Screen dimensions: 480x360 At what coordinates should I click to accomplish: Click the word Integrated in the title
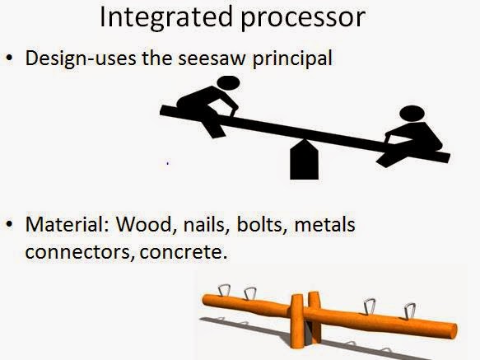pyautogui.click(x=166, y=16)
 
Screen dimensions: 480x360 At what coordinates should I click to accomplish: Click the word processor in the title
pyautogui.click(x=303, y=19)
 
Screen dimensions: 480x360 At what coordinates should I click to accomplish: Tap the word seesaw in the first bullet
pyautogui.click(x=212, y=58)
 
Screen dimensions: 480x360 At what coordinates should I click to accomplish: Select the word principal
pyautogui.click(x=292, y=58)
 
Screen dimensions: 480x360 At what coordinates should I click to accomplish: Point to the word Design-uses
pyautogui.click(x=81, y=59)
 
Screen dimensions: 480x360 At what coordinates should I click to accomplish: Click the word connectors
pyautogui.click(x=80, y=252)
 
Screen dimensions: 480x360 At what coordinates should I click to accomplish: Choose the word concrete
pyautogui.click(x=184, y=252)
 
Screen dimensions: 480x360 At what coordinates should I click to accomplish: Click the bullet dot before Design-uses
pyautogui.click(x=10, y=58)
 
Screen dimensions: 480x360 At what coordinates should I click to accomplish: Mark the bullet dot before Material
pyautogui.click(x=10, y=224)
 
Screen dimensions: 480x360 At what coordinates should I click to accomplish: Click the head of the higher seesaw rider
pyautogui.click(x=228, y=82)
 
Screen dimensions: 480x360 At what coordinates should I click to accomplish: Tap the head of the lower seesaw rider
pyautogui.click(x=412, y=114)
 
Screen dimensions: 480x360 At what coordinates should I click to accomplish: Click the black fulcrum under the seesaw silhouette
pyautogui.click(x=305, y=160)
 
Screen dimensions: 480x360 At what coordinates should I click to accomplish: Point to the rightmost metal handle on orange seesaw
pyautogui.click(x=410, y=311)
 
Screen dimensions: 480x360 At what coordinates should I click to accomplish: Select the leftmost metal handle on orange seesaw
pyautogui.click(x=224, y=290)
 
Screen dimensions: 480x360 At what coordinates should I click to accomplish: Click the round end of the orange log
pyautogui.click(x=454, y=330)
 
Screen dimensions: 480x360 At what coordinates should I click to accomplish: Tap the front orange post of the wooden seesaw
pyautogui.click(x=296, y=321)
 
